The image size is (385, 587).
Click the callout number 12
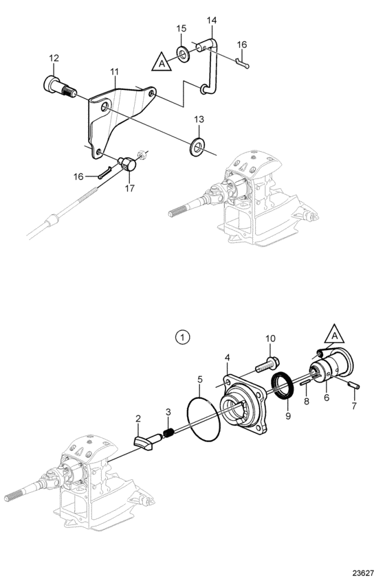[x=54, y=58]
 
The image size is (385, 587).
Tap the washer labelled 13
[x=197, y=146]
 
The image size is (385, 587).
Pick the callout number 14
[x=212, y=20]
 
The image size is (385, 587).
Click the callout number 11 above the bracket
[x=114, y=71]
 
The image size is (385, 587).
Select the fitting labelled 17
[x=128, y=164]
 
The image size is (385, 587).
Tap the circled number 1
[x=183, y=337]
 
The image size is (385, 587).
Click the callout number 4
[x=227, y=358]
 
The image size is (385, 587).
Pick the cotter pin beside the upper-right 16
[x=243, y=64]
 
